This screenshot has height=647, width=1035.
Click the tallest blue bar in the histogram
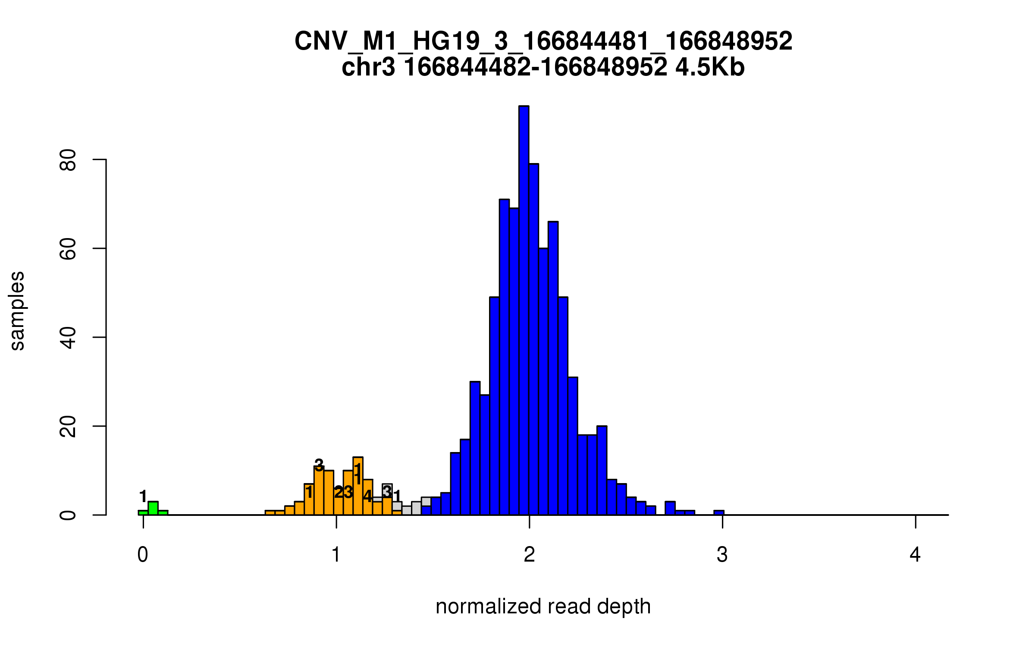click(524, 311)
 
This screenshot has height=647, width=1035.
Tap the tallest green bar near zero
click(153, 509)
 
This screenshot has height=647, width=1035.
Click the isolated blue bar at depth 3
click(719, 512)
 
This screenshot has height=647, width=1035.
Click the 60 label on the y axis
click(68, 249)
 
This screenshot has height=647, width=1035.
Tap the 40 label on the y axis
click(68, 338)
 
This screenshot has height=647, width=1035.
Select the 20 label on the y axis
click(68, 427)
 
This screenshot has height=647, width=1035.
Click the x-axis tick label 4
click(915, 555)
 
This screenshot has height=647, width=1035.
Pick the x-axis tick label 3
click(722, 555)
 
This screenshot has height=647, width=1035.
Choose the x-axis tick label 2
click(529, 555)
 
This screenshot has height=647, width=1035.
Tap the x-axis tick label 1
click(336, 555)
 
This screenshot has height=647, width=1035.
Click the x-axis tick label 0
click(143, 555)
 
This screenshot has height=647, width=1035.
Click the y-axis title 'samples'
click(17, 311)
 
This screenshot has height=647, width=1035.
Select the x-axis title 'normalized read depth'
click(543, 606)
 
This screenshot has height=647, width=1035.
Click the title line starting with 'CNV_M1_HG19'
click(543, 41)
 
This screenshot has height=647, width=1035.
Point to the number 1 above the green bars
click(144, 496)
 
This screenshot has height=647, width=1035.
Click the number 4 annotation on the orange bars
click(367, 496)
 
